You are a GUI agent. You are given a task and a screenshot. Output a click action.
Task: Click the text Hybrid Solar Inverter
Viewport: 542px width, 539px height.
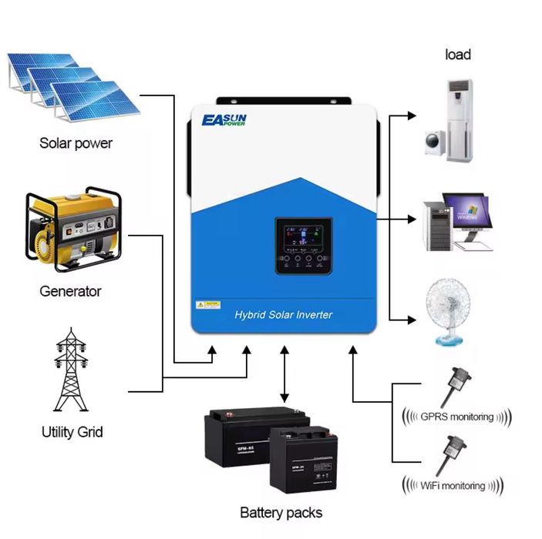(284, 314)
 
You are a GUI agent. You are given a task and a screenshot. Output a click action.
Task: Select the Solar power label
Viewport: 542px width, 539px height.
(76, 143)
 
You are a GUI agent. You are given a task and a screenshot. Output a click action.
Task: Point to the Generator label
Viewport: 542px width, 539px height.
(70, 292)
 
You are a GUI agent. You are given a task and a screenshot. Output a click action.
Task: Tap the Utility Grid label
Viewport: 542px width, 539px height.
(72, 432)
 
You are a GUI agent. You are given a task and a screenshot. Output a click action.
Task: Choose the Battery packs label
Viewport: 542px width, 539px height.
(281, 512)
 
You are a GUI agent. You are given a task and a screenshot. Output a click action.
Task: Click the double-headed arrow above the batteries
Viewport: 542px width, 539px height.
(284, 373)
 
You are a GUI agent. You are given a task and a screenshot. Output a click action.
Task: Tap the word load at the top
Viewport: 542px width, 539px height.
(458, 55)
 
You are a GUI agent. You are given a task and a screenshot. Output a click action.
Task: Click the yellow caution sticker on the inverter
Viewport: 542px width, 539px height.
(208, 306)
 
